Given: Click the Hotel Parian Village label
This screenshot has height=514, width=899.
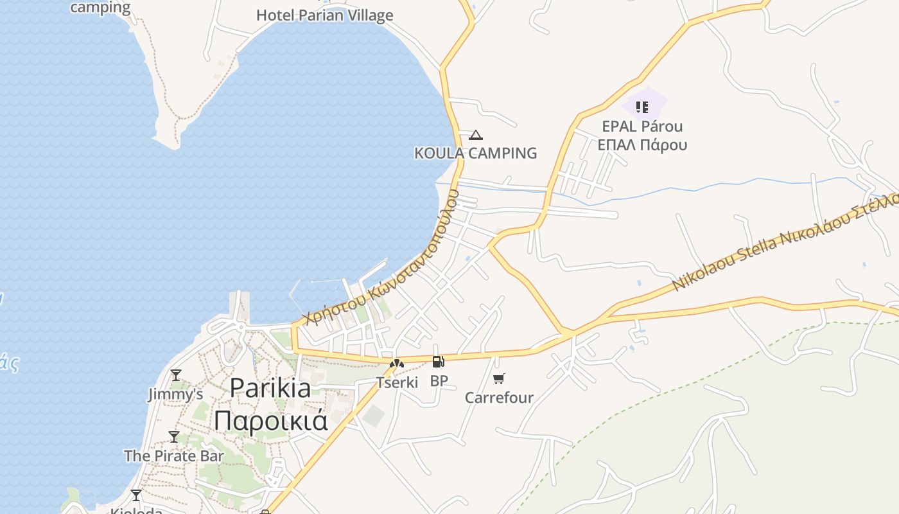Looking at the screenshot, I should pos(324,15).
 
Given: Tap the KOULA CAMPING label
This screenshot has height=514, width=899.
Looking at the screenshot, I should pos(475,153).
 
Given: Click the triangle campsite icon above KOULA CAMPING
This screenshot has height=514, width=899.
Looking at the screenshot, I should pos(475,135).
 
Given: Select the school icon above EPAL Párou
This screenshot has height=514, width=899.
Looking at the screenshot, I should pos(642,107).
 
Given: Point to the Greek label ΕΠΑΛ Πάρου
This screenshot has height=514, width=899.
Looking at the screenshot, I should pos(642,145).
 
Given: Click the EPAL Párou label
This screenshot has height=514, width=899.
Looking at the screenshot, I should pos(642,126).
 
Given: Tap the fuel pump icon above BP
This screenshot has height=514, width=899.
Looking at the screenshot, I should pos(439,362).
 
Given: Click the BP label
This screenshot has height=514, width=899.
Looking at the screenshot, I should pos(439,381).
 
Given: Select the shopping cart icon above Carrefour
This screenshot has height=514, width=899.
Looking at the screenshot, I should pos(499,379).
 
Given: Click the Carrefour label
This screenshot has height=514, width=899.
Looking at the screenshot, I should pos(499,398).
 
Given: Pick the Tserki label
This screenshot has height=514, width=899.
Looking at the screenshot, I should pos(397,383).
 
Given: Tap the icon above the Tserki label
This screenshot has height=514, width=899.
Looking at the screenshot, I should pos(397,364).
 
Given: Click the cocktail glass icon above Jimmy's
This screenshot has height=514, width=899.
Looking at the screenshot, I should pos(175,375).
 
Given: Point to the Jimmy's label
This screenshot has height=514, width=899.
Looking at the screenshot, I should pos(175,394).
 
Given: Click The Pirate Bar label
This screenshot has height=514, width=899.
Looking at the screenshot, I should pos(174,456).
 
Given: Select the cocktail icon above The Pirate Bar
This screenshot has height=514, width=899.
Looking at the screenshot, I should pos(174,437).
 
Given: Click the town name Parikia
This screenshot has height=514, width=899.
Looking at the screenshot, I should pos(270,387).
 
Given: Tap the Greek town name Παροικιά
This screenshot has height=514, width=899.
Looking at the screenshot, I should pos(270,421).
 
